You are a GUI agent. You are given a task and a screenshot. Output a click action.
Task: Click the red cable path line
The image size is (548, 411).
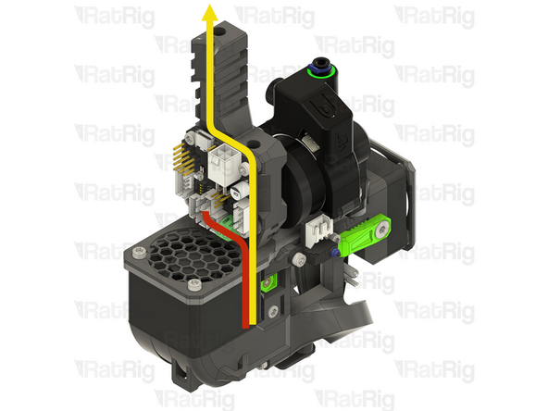245,278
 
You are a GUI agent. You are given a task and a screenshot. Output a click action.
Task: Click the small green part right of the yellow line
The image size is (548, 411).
269,280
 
